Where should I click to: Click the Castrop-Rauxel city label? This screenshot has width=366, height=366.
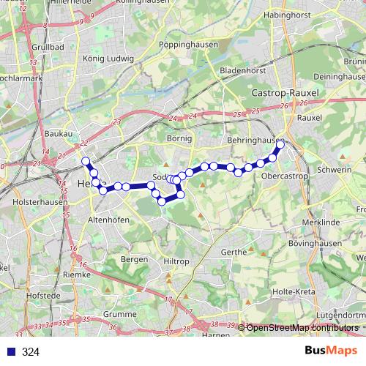click(282, 94)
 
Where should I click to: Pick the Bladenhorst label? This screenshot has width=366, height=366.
click(242, 71)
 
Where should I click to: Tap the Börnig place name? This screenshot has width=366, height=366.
click(179, 138)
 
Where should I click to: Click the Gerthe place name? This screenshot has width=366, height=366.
click(234, 252)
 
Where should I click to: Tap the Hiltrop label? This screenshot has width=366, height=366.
click(176, 261)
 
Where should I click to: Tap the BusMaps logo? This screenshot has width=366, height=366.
click(332, 351)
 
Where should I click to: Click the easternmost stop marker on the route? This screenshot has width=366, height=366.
click(280, 145)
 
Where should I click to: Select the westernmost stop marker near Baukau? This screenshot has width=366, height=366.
click(86, 160)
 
